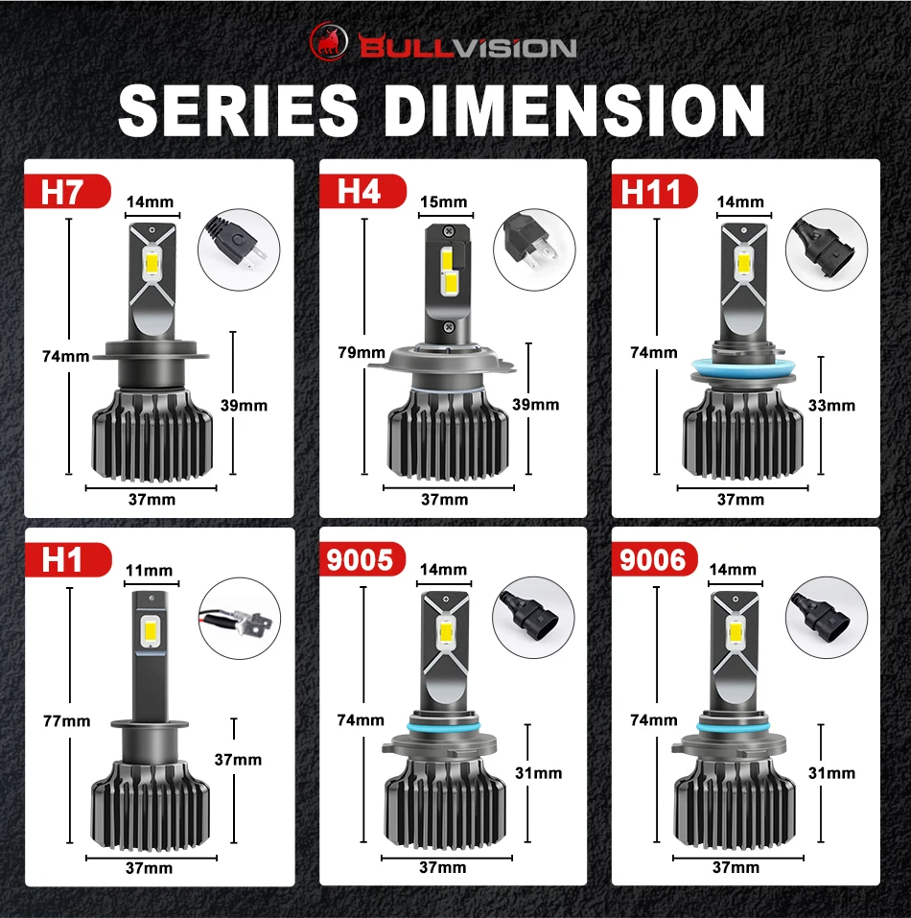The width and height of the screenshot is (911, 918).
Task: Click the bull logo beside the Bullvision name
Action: pyautogui.click(x=329, y=41)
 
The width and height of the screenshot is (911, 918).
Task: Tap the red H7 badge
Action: pyautogui.click(x=67, y=191)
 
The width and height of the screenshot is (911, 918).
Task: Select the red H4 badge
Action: pyautogui.click(x=362, y=191)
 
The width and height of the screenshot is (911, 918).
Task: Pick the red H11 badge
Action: pyautogui.click(x=655, y=191)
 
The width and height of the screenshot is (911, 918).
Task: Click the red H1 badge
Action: pyautogui.click(x=68, y=559)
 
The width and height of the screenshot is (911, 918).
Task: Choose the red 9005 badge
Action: pyautogui.click(x=362, y=559)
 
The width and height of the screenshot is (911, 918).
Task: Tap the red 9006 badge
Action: pyautogui.click(x=655, y=559)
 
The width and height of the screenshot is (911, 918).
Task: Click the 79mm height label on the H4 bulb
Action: pyautogui.click(x=362, y=352)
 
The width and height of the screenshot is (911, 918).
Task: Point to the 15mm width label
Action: pyautogui.click(x=443, y=202)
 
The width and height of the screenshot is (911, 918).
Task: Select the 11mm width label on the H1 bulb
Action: pyautogui.click(x=150, y=570)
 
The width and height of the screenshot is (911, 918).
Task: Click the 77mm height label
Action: pyautogui.click(x=67, y=720)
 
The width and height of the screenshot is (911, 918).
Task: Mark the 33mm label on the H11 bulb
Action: pyautogui.click(x=831, y=405)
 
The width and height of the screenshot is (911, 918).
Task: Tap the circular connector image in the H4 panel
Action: pyautogui.click(x=534, y=249)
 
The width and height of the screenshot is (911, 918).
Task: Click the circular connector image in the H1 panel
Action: pyautogui.click(x=240, y=619)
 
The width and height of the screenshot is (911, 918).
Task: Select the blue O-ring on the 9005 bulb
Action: pyautogui.click(x=445, y=727)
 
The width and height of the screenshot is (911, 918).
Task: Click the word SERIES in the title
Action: pyautogui.click(x=238, y=110)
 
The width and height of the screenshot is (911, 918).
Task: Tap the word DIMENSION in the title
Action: pyautogui.click(x=575, y=110)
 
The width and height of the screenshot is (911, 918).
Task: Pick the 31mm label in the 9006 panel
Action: pyautogui.click(x=831, y=773)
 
